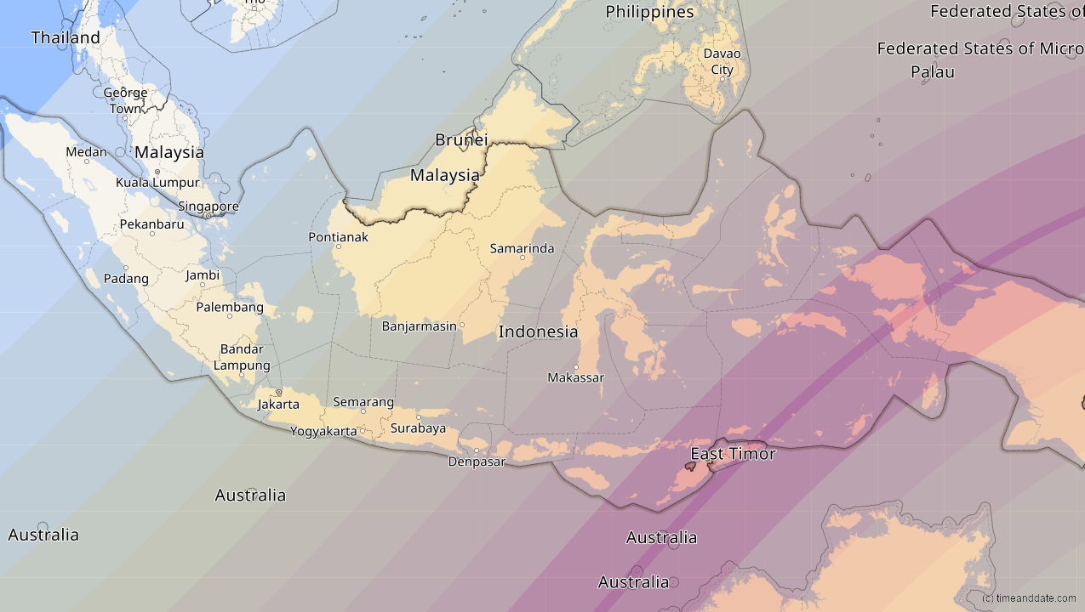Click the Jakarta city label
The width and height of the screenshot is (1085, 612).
(278, 405)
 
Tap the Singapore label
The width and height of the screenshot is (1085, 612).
(208, 207)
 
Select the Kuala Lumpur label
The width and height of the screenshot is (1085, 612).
(157, 183)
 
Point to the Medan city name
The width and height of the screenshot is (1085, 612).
(87, 152)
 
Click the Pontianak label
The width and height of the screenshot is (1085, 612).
(339, 237)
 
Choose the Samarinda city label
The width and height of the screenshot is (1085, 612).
(522, 249)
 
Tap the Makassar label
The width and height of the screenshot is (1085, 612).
(575, 377)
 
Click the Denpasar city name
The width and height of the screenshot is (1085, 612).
(477, 462)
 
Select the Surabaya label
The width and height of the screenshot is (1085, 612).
(418, 428)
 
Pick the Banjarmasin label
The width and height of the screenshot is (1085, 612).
(420, 326)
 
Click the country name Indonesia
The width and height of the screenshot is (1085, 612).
(538, 332)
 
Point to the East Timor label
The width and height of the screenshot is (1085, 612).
(733, 454)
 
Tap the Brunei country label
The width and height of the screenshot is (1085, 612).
(461, 139)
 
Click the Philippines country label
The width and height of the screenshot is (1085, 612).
(649, 12)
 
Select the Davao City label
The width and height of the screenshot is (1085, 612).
(722, 61)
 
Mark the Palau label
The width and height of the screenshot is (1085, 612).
(933, 72)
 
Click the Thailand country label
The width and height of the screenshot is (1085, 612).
(66, 37)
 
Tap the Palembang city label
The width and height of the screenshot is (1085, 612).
(230, 308)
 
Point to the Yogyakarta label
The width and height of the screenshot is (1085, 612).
(323, 431)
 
